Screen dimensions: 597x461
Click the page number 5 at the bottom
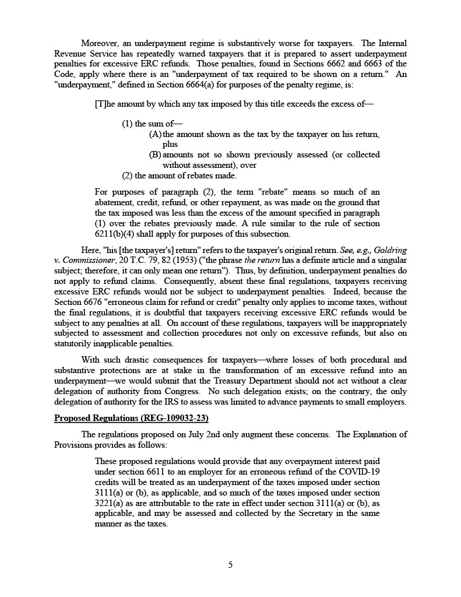tap(230, 564)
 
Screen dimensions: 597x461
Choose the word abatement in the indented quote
tap(116, 202)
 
